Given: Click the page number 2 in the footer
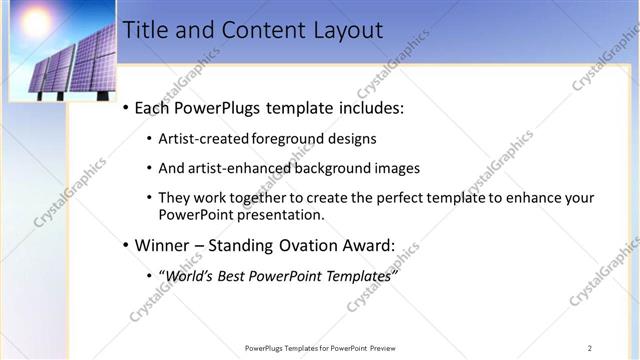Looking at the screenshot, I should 589,348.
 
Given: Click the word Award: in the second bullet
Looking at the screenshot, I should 368,245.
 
